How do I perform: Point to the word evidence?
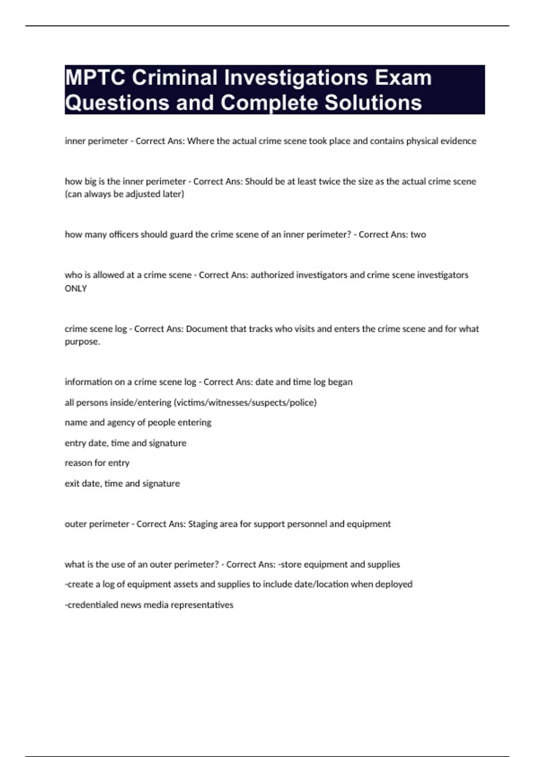coord(458,141)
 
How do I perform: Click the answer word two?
coord(418,235)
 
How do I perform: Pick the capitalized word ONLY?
coord(76,289)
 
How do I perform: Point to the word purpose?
coord(82,342)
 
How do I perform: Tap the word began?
coord(340,382)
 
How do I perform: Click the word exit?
coord(72,484)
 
